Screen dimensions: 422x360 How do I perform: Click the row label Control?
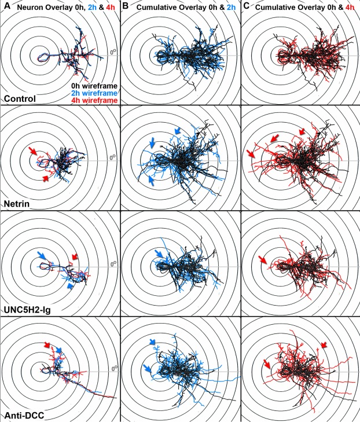(19, 99)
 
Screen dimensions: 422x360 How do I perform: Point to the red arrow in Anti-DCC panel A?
(48, 346)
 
